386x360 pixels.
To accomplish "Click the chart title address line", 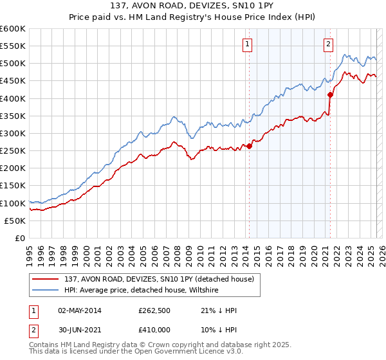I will pyautogui.click(x=193, y=5).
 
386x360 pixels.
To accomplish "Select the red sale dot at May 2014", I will pyautogui.click(x=249, y=146).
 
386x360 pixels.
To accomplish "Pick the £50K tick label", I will pyautogui.click(x=15, y=221).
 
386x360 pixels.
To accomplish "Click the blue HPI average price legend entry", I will pyautogui.click(x=142, y=291).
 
